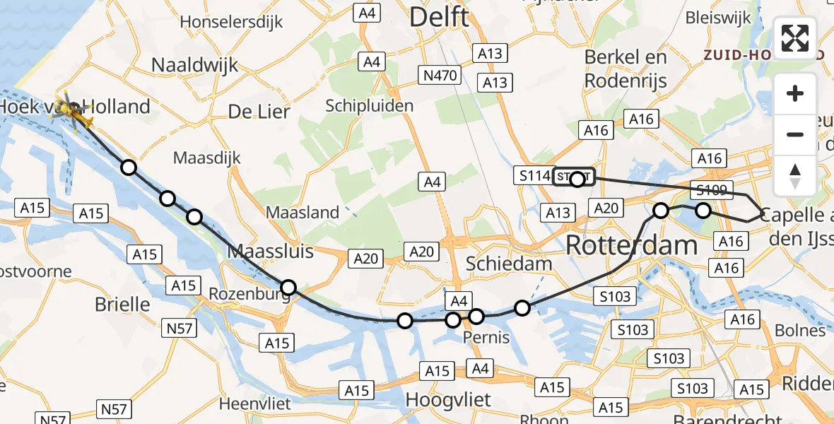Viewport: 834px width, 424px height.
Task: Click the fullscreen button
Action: pos(795,38)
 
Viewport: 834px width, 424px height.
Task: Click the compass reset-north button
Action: pos(795,176)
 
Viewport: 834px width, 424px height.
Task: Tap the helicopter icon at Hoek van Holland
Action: pos(73,112)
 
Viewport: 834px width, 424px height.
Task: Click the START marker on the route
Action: pos(574,177)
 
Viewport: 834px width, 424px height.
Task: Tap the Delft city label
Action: pos(438,17)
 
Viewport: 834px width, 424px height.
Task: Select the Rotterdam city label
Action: pos(631,245)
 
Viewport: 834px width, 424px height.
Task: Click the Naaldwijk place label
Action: pos(194,65)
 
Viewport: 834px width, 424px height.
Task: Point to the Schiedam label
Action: pos(509,264)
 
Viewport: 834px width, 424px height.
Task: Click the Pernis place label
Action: pos(486,338)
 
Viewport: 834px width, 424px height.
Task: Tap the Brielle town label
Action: pos(123,305)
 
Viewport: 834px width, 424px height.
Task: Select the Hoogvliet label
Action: pos(447,400)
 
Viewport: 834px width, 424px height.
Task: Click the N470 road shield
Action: pos(442,75)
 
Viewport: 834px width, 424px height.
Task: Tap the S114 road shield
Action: pos(533,176)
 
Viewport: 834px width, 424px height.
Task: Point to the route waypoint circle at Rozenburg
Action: pos(288,287)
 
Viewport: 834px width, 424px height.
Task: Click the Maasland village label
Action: pos(303,212)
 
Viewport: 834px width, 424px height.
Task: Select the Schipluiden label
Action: pos(369,105)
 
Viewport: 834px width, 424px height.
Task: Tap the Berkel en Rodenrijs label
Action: pos(625,69)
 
